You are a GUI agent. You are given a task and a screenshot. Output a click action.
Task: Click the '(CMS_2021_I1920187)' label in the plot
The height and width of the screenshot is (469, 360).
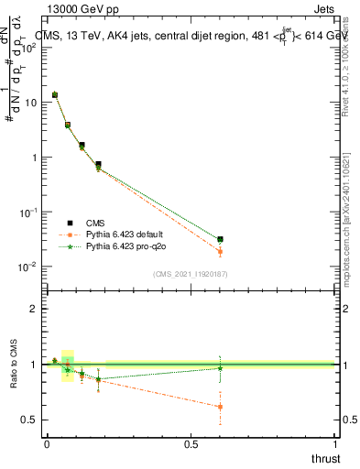[x=191, y=273]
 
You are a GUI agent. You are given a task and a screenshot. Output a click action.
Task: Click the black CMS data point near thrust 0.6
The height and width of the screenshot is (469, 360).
[x=220, y=239]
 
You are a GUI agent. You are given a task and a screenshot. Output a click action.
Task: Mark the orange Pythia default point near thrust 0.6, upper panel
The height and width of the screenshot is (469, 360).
[x=220, y=252]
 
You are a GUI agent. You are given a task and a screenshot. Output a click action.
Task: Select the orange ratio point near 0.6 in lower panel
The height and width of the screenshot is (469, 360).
[x=220, y=407]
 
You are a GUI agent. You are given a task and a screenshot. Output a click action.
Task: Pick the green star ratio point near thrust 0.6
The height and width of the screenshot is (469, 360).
[x=220, y=368]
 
